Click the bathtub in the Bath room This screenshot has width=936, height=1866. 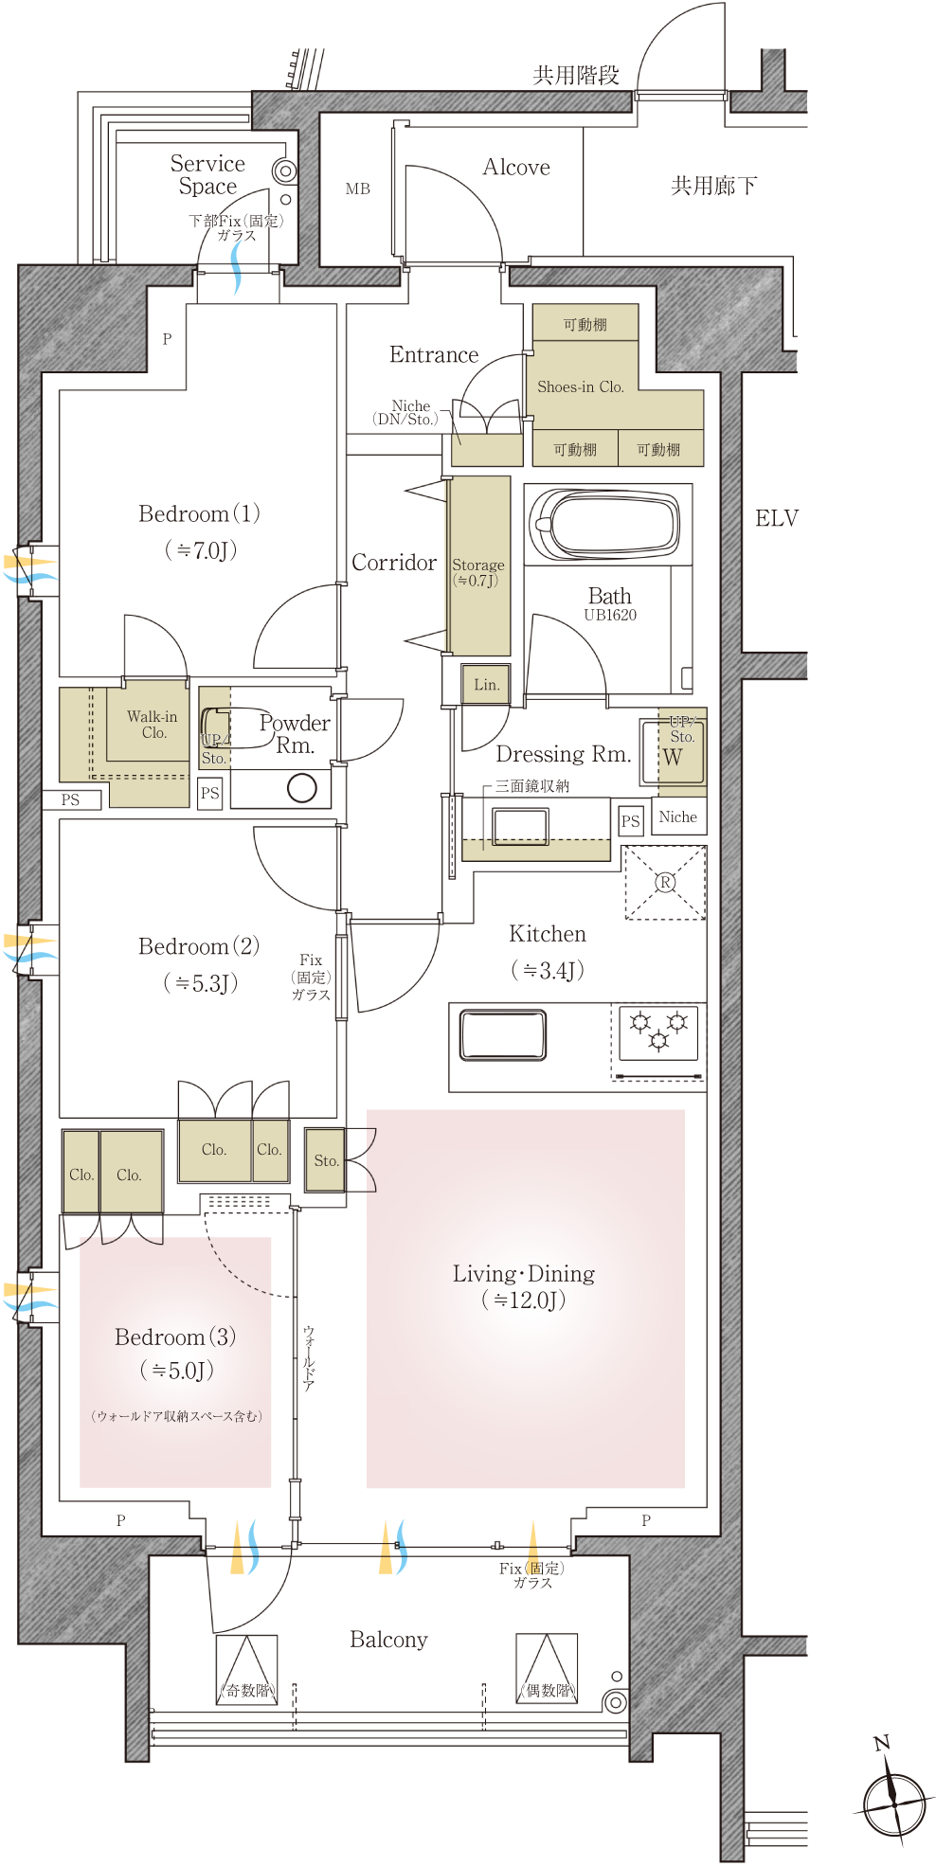point(605,524)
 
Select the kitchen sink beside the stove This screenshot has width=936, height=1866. point(502,1034)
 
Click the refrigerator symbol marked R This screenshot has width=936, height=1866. point(665,883)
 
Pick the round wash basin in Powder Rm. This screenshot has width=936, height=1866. point(301,788)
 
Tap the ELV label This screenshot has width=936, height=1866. point(777,518)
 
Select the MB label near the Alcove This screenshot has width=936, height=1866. point(358,188)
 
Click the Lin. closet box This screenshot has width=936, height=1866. point(486,684)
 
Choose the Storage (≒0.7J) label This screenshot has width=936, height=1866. point(478,572)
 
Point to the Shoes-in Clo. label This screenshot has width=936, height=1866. point(581,386)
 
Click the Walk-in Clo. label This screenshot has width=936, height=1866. point(153,725)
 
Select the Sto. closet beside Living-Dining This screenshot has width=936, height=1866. point(325,1159)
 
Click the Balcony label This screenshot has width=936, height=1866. point(388,1640)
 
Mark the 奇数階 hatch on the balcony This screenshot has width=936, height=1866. point(246,1669)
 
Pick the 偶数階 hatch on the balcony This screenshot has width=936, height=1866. point(547,1667)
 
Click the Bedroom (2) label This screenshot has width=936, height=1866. point(199,946)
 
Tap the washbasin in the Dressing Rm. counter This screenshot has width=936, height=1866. point(520,825)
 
